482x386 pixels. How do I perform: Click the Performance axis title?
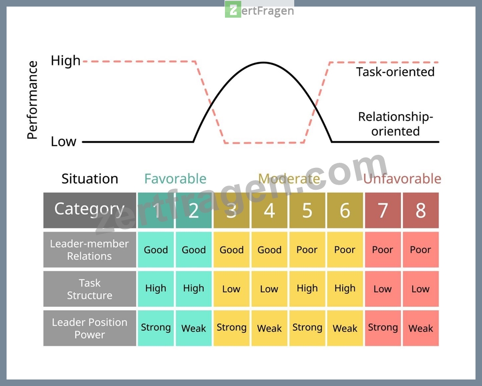point(32,100)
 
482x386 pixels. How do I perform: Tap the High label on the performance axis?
point(66,60)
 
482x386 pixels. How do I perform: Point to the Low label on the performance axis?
point(63,141)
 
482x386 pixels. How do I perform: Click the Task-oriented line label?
point(395,72)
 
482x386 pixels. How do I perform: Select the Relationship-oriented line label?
point(396,124)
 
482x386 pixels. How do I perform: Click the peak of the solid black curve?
point(264,63)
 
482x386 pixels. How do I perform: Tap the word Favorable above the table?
point(175,179)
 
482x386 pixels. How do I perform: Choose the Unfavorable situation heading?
point(402,179)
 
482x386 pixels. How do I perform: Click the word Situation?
point(90,179)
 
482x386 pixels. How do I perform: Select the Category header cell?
point(90,210)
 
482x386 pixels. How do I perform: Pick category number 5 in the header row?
point(307,210)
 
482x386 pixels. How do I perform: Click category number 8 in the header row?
point(421,210)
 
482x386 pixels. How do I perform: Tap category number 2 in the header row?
point(194,210)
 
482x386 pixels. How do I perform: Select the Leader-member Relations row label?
point(90,250)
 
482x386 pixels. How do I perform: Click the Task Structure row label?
point(90,289)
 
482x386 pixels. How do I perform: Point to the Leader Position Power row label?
point(90,328)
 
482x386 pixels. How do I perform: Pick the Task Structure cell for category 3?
point(231,289)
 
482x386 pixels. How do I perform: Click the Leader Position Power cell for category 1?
point(156,328)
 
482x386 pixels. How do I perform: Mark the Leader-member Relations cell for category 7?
point(383,250)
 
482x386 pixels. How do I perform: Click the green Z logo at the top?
point(233,9)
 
